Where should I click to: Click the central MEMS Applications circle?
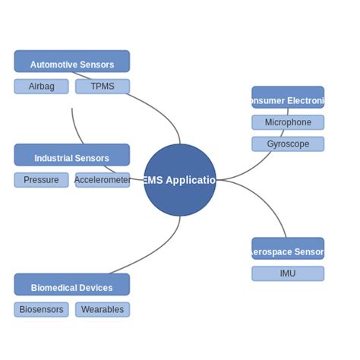[180, 180]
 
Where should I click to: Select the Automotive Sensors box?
[71, 62]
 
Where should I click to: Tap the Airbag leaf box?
[41, 87]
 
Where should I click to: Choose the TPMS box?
[103, 87]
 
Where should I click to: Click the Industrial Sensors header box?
[71, 155]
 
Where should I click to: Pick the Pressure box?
[41, 180]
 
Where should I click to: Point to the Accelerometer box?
[103, 180]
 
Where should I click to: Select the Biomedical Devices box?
[71, 285]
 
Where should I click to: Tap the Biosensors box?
[41, 310]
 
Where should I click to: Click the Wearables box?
[103, 310]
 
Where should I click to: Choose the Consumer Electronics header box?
[288, 97]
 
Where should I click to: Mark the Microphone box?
[288, 122]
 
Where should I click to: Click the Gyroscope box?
[288, 144]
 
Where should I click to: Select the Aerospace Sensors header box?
[288, 248]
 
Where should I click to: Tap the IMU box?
[288, 273]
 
